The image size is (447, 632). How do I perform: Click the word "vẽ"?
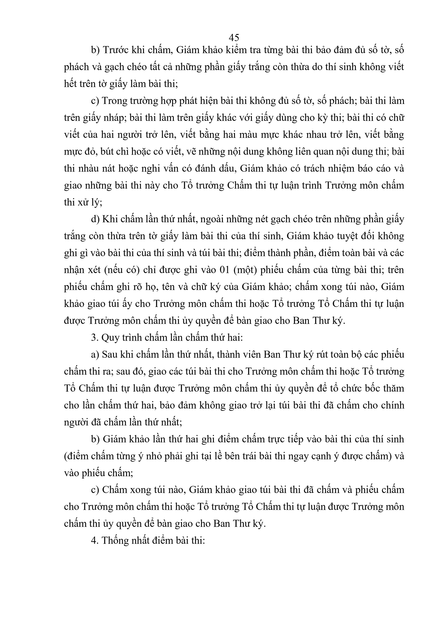(x=196, y=151)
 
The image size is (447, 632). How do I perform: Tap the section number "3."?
(x=95, y=338)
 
